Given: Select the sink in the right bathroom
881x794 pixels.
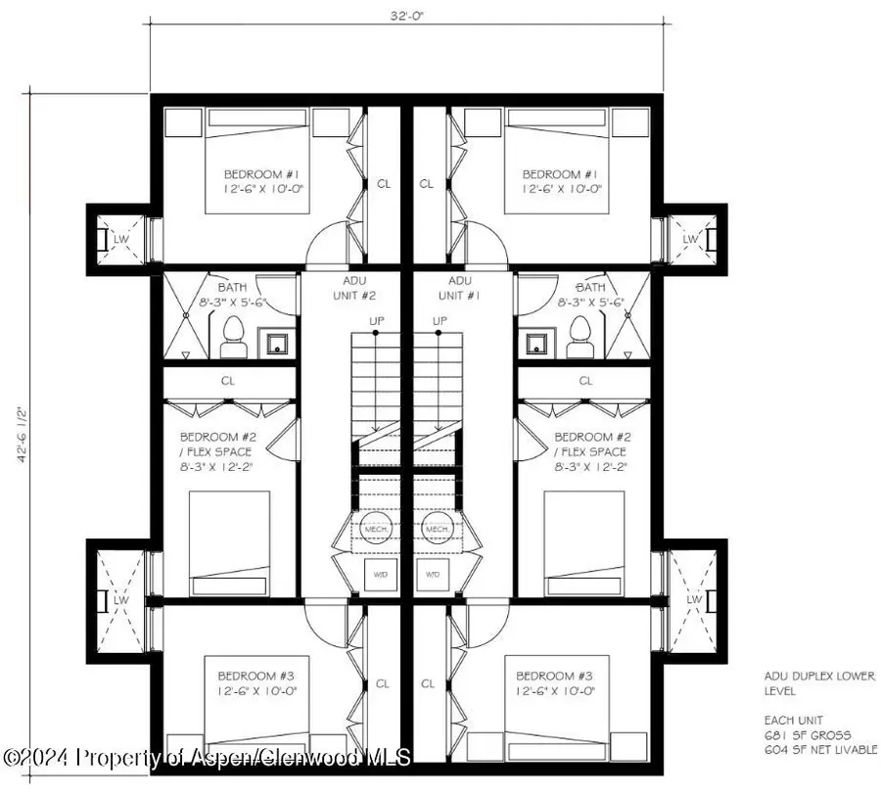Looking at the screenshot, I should click(535, 342).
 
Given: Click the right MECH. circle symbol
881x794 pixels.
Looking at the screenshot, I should click(436, 530).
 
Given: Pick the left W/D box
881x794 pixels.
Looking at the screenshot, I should click(380, 575).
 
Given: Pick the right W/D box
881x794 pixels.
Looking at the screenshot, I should click(433, 575).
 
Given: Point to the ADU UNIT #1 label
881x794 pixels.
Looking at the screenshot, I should click(457, 288).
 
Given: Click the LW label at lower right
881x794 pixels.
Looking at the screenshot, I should click(694, 598).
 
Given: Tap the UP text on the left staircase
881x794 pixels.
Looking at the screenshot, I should click(377, 321).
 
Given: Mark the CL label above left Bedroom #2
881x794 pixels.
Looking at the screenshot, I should click(228, 381).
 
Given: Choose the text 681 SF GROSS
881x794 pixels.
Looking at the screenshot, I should click(808, 734).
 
